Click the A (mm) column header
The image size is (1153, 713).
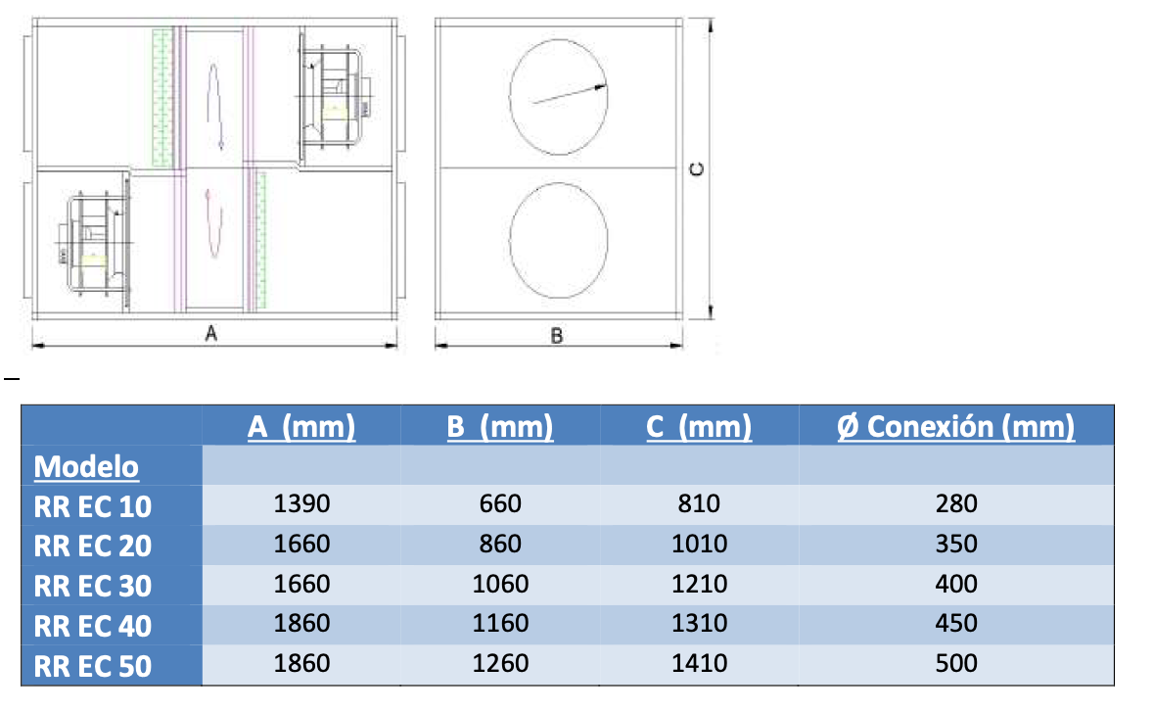tap(301, 426)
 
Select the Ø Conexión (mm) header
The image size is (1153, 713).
tap(956, 426)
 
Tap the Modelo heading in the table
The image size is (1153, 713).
tap(86, 466)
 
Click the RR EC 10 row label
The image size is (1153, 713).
tap(93, 506)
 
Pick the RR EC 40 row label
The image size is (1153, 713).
tap(93, 626)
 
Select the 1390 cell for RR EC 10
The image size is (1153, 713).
tap(301, 503)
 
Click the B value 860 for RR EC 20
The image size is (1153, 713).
tap(500, 544)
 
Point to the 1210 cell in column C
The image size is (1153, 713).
tap(699, 584)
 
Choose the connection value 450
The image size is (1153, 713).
tap(956, 623)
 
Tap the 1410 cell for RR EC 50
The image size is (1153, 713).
tap(699, 663)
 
